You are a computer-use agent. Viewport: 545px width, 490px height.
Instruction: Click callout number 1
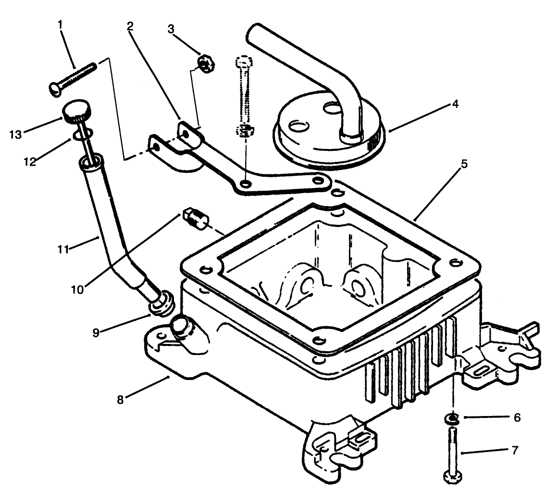pyautogui.click(x=61, y=24)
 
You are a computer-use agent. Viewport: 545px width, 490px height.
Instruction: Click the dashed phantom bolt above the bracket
pyautogui.click(x=245, y=96)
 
